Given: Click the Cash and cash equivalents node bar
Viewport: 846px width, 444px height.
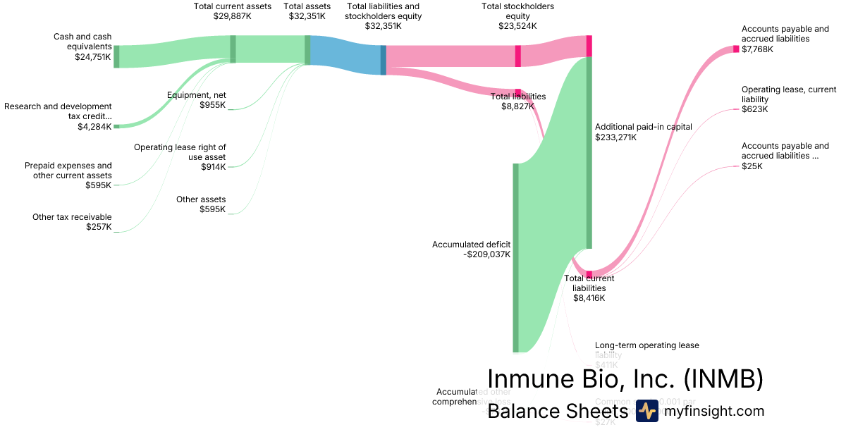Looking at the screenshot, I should coord(116,56).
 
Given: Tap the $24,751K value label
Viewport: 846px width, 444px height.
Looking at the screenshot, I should coord(93,57).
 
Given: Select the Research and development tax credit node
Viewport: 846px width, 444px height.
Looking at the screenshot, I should coord(116,126).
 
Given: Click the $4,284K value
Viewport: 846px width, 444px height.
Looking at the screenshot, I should coord(94,127).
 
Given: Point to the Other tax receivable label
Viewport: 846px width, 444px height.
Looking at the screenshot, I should coord(72,217).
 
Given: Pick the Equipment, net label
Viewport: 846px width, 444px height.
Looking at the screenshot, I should coord(197,95).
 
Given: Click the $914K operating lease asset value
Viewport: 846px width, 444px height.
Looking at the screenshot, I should coord(212,167).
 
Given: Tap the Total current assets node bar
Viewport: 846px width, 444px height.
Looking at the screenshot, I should coord(233,49).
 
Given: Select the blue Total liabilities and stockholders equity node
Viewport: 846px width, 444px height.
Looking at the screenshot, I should coord(384,60).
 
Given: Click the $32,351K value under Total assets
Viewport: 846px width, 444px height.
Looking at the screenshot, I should coord(307,16).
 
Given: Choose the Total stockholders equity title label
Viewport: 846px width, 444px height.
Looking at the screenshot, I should coord(517,11).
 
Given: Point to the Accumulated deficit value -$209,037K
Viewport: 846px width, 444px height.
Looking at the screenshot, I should coord(487,254).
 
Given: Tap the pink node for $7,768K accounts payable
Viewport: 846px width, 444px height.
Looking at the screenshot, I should coord(736,49).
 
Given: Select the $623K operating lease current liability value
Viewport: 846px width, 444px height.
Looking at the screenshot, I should coord(754,109).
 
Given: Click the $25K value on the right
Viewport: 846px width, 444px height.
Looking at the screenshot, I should coord(752,166).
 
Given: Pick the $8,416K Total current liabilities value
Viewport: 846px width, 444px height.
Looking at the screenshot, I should coord(589,298).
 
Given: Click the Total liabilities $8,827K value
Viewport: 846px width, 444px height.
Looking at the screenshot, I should coord(517,106).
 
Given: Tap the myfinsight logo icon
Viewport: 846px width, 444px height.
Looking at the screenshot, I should coord(646,411).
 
